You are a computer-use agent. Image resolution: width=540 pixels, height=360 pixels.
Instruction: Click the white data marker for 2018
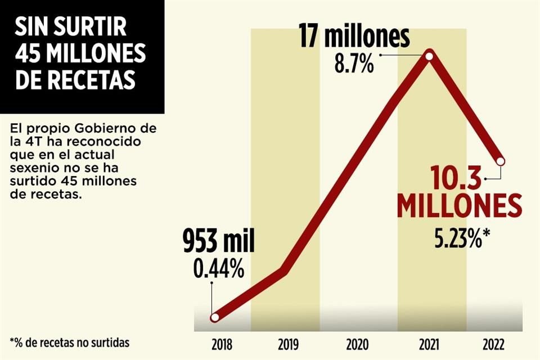point(214,318)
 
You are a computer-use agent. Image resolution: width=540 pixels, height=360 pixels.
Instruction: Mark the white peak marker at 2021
point(430,56)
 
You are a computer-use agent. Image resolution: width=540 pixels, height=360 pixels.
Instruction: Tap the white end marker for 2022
point(501,162)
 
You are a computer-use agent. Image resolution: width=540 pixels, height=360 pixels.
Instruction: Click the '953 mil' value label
point(219,242)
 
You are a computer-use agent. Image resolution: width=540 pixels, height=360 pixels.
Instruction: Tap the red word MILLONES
point(459,207)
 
